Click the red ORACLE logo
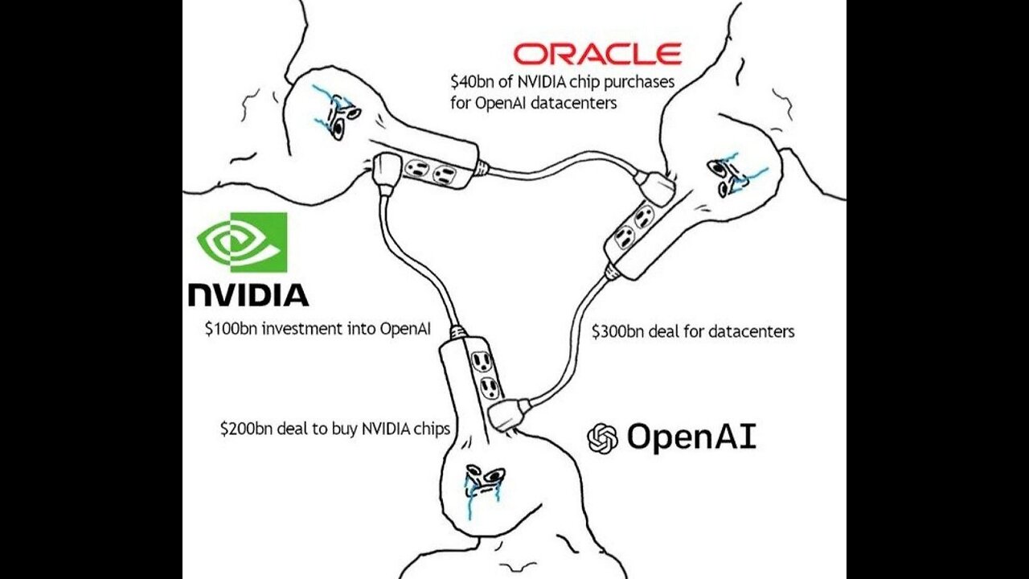pos(596,55)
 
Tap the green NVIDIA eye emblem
pos(242,242)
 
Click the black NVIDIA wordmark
pos(248,295)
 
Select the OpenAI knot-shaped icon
pos(603,438)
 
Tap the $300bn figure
pos(617,331)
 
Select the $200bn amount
pos(247,429)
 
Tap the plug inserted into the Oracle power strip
pos(655,187)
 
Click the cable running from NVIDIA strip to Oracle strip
pos(563,164)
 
